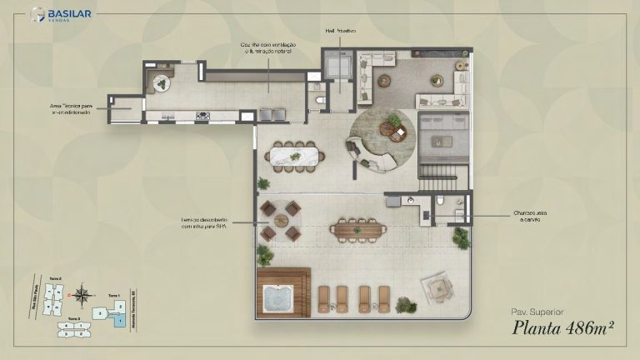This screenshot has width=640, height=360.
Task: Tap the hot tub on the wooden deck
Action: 282,295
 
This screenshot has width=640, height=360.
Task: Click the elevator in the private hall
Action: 340,67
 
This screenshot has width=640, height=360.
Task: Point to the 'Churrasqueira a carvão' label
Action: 531,217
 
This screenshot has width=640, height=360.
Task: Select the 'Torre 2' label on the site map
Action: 56,279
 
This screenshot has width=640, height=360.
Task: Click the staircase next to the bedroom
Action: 434,175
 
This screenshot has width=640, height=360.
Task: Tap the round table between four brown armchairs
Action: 280,221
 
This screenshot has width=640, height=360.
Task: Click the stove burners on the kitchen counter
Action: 202,116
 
